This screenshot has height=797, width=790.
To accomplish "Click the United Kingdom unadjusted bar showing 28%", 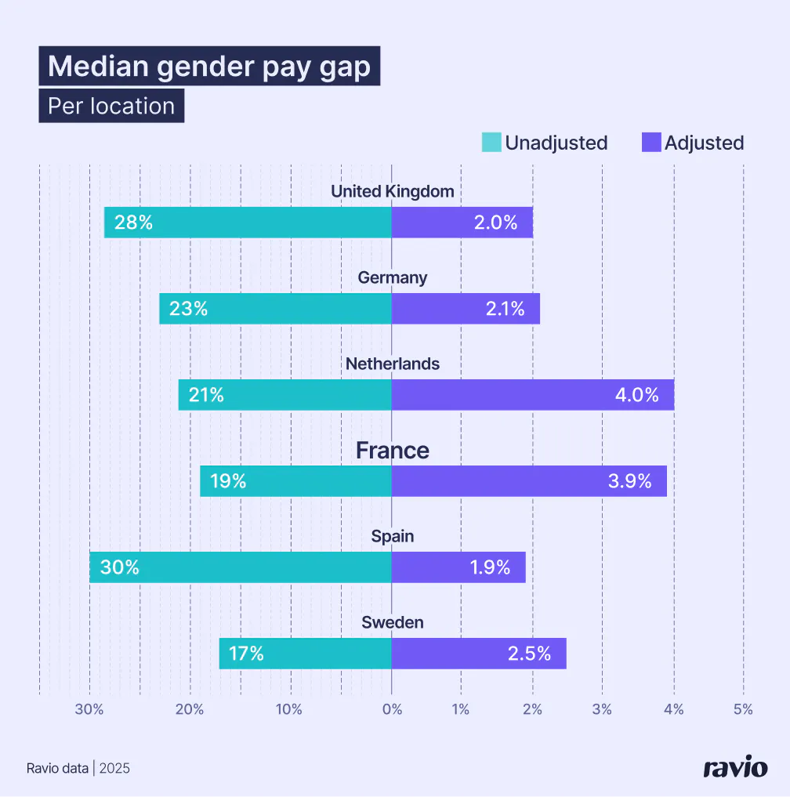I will point(248,223).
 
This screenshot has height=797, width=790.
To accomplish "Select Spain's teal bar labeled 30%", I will point(240,567).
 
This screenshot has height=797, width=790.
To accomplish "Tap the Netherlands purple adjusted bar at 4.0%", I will point(532,395).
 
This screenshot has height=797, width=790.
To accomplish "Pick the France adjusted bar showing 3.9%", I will point(529,481).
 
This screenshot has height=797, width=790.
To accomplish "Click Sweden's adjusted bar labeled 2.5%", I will point(478,654).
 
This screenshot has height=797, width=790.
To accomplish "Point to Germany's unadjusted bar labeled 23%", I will point(275,309).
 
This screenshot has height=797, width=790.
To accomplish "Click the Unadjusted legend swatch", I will point(491,143).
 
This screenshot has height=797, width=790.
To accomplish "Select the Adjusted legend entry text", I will point(704,143).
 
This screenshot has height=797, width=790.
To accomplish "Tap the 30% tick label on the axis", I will point(89,709).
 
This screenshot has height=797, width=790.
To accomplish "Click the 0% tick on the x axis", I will point(392,709).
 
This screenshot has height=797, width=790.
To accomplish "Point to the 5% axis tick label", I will point(743,709).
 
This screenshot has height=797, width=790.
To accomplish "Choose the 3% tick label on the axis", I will point(602,709).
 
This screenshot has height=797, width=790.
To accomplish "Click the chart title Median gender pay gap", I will point(209,67).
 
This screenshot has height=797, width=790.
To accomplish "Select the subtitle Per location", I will point(111,106).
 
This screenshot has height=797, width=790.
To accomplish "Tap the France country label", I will point(392,451).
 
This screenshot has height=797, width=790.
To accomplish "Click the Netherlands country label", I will point(392,364).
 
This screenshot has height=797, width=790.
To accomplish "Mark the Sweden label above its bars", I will point(392,622).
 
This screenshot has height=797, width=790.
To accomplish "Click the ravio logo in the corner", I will point(734,767).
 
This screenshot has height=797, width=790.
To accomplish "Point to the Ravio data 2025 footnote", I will point(78,768).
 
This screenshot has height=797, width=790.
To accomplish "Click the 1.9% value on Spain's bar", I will point(490,567).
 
